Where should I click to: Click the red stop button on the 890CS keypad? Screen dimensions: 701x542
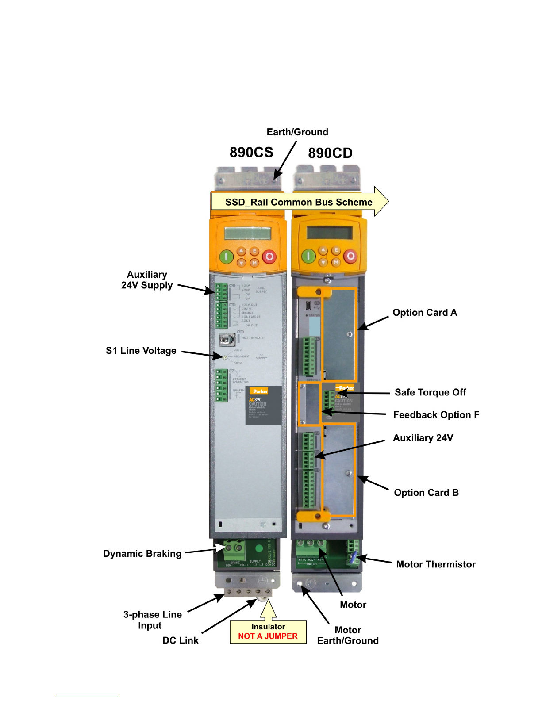coord(269,257)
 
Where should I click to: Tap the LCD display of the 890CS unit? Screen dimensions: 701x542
coord(247,233)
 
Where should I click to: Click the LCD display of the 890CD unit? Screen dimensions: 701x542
coord(329,232)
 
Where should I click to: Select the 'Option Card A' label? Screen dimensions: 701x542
coord(425,313)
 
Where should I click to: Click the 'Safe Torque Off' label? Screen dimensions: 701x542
coord(430,392)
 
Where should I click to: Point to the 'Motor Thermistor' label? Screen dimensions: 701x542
coord(436,564)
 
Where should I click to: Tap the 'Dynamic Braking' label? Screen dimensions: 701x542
coord(142,554)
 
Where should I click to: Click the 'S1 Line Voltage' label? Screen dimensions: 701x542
coord(141,351)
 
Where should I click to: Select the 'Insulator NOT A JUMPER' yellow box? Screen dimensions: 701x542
coord(268,632)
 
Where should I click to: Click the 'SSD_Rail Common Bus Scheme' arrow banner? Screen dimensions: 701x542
coord(299,202)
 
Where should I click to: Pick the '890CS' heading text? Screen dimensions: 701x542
coord(251,153)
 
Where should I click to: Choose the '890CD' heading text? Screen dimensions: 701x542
coord(330,153)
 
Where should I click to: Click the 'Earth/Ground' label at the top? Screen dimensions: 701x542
coord(297,132)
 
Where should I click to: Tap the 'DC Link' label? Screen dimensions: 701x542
coord(181,640)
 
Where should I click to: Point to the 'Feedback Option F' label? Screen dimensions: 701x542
coord(436,415)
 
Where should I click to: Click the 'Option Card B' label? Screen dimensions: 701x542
coord(426,493)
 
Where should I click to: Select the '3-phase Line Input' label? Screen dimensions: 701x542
coord(152,620)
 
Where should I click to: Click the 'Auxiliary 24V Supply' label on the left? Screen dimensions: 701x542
coord(147,280)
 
